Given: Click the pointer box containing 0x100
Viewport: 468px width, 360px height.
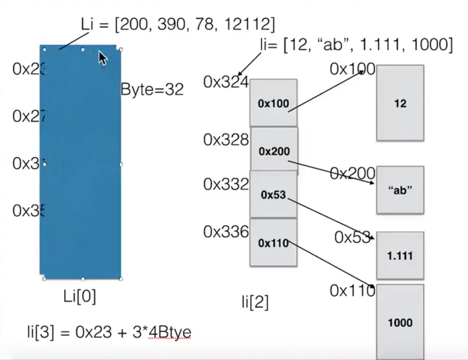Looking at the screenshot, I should (x=273, y=103).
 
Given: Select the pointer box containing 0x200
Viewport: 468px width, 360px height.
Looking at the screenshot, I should (x=274, y=151).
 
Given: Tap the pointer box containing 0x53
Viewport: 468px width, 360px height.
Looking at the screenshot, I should (x=273, y=195).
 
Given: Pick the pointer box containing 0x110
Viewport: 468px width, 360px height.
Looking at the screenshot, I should (x=273, y=243).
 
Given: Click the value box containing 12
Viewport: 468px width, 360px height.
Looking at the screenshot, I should (x=400, y=103).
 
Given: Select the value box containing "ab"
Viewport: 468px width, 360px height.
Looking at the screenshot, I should (x=400, y=190).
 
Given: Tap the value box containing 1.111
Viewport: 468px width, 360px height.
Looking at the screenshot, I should (x=400, y=256).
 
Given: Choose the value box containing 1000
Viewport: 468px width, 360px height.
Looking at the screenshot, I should (x=400, y=322).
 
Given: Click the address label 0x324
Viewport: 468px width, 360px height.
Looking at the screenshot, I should (x=226, y=82).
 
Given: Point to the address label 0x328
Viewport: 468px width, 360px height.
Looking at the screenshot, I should (x=226, y=139).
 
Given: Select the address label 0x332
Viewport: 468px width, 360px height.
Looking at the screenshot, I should (x=226, y=184).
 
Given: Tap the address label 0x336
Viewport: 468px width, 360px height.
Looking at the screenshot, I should (x=226, y=232).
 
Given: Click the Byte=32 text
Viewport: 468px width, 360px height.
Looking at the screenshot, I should (x=152, y=89).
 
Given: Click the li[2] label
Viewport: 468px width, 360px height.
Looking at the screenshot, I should (x=255, y=302).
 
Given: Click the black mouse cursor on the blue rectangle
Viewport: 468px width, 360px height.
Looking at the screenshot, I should (x=102, y=58).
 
